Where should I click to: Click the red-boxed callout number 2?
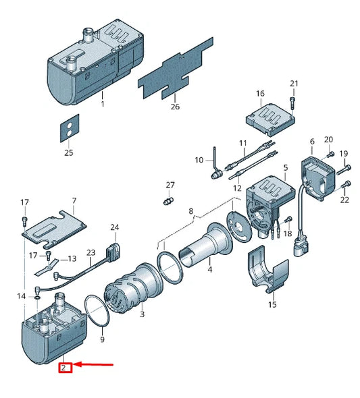click(x=63, y=368)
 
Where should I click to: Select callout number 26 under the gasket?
click(x=176, y=107)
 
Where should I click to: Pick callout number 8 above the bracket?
click(x=191, y=211)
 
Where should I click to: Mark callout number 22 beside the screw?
click(x=345, y=200)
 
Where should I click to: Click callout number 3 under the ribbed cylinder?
click(x=142, y=314)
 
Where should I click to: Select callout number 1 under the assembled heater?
click(x=103, y=104)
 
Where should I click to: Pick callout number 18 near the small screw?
click(x=288, y=233)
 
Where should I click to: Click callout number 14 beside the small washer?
click(x=22, y=296)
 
